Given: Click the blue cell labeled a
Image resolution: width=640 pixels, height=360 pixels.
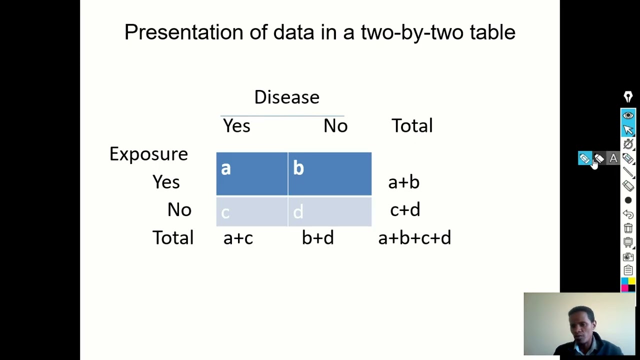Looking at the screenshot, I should tap(251, 173).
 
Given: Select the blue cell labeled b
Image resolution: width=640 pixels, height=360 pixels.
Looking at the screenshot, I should tap(329, 173).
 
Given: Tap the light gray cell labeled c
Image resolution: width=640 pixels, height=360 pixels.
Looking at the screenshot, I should tap(251, 212).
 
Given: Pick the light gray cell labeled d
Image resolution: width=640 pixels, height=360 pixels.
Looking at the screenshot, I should tap(329, 212).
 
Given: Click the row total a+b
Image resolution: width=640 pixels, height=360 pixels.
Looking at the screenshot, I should tap(403, 182).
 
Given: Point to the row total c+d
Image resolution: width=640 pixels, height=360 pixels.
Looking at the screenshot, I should tap(405, 210).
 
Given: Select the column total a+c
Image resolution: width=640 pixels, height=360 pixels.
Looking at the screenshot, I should tap(238, 238).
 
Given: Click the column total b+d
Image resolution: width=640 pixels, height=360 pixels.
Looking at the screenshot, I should tap(317, 238).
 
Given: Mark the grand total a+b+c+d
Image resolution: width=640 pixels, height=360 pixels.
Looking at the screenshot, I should tap(414, 238).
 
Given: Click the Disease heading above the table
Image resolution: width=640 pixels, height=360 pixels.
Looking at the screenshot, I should tap(286, 97).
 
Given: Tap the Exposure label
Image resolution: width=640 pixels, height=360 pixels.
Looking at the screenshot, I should tap(148, 154).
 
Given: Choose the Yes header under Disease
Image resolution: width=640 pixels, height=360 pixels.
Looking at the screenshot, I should tap(236, 126).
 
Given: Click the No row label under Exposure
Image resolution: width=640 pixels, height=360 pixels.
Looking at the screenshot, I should tap(179, 210).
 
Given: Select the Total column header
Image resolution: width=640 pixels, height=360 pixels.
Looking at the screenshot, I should tap(412, 126).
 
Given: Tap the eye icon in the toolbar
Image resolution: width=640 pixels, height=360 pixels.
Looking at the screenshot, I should tap(628, 115).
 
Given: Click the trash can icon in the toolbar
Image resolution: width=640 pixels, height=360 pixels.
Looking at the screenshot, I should tap(628, 228).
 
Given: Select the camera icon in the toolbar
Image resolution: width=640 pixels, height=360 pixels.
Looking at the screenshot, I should tap(628, 256).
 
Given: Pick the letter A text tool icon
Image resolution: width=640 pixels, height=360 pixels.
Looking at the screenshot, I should tap(613, 158).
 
